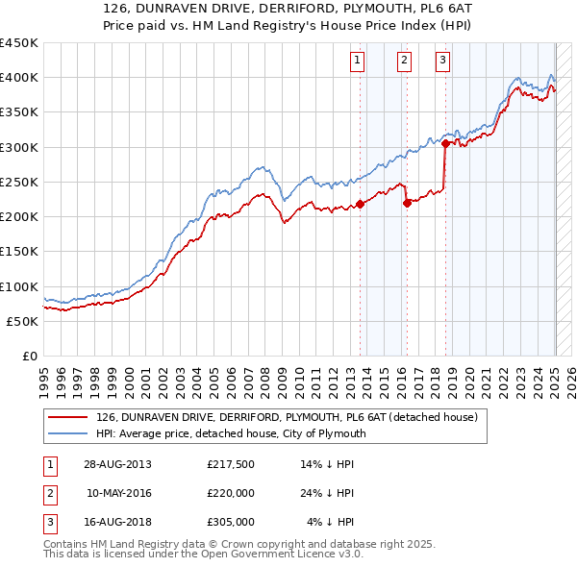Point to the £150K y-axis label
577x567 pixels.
[x=19, y=252]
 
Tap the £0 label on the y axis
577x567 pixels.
[x=30, y=357]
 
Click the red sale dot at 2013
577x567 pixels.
[x=361, y=204]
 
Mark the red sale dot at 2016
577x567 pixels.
[x=407, y=203]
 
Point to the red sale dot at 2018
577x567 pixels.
[x=446, y=144]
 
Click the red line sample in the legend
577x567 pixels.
[x=67, y=418]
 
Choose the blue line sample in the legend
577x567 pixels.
[x=67, y=433]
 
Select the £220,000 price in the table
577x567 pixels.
[x=230, y=494]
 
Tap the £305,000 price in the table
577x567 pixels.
[x=230, y=523]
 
